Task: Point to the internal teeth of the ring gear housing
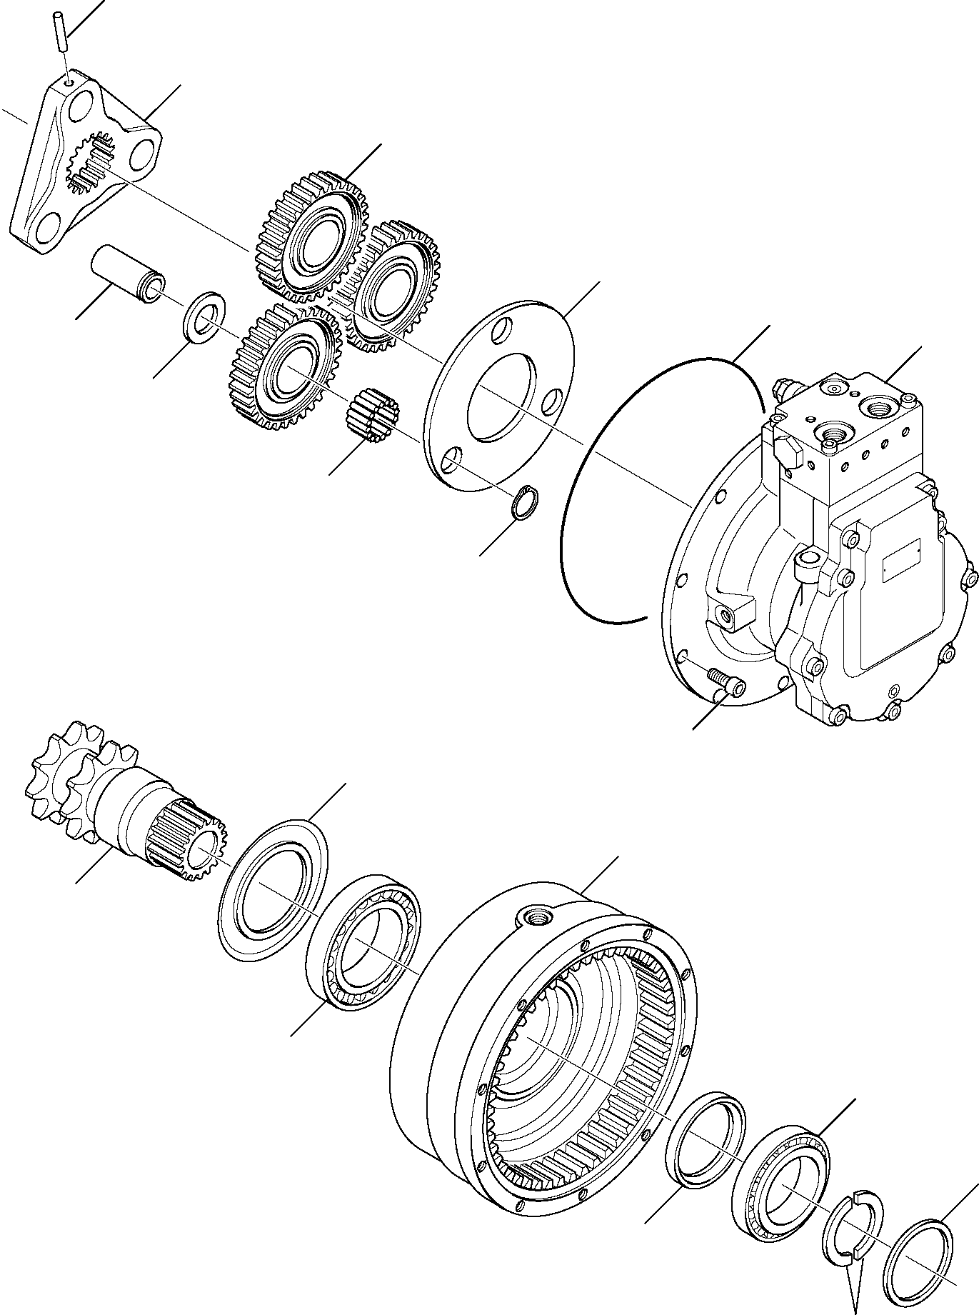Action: coord(643,1014)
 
